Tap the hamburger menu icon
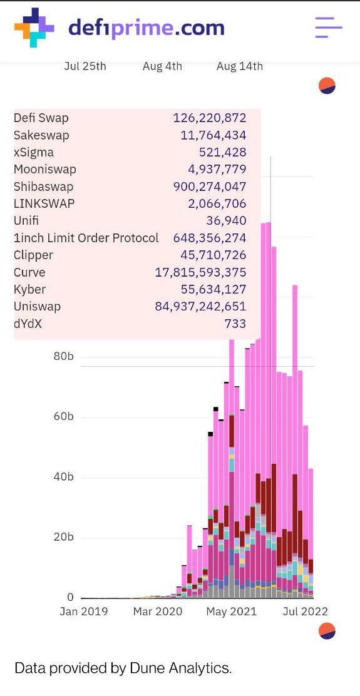(x=328, y=28)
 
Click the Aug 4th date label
(x=162, y=66)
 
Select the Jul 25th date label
(x=85, y=66)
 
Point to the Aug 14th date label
(x=239, y=66)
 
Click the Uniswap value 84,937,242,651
(x=200, y=307)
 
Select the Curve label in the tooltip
(x=29, y=272)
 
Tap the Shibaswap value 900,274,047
(x=209, y=187)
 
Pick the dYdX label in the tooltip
(x=28, y=324)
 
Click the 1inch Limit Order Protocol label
(x=86, y=238)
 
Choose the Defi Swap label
(x=41, y=118)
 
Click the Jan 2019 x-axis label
(x=84, y=612)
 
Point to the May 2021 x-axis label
(x=232, y=612)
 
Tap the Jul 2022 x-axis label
(x=305, y=612)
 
